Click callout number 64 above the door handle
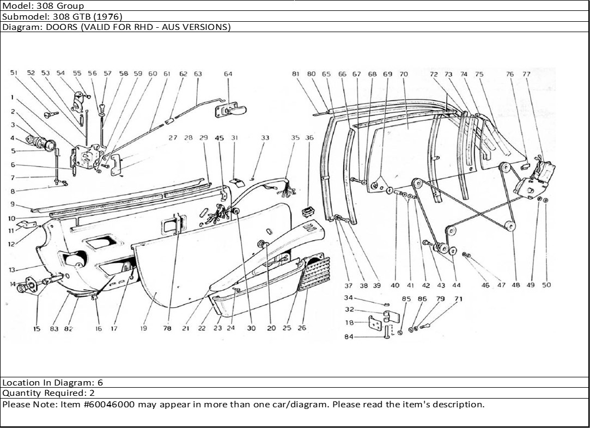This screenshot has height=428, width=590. pyautogui.click(x=228, y=74)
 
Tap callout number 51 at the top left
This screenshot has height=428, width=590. pyautogui.click(x=14, y=73)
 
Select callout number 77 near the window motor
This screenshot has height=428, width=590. pyautogui.click(x=526, y=74)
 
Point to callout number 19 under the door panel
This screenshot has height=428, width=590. pyautogui.click(x=144, y=328)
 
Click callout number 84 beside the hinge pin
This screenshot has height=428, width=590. pyautogui.click(x=349, y=337)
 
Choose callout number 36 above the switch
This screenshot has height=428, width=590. pyautogui.click(x=309, y=138)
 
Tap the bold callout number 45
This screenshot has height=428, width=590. pyautogui.click(x=220, y=138)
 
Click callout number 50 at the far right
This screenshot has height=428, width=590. pyautogui.click(x=546, y=285)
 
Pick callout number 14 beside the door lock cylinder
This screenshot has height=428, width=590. pyautogui.click(x=12, y=284)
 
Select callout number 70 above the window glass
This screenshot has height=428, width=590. pyautogui.click(x=403, y=74)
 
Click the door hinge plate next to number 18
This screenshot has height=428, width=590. pyautogui.click(x=375, y=323)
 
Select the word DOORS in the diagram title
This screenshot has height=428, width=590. pyautogui.click(x=54, y=27)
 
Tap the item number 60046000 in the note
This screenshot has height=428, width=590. pyautogui.click(x=112, y=405)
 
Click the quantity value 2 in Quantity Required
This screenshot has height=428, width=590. pyautogui.click(x=92, y=393)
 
